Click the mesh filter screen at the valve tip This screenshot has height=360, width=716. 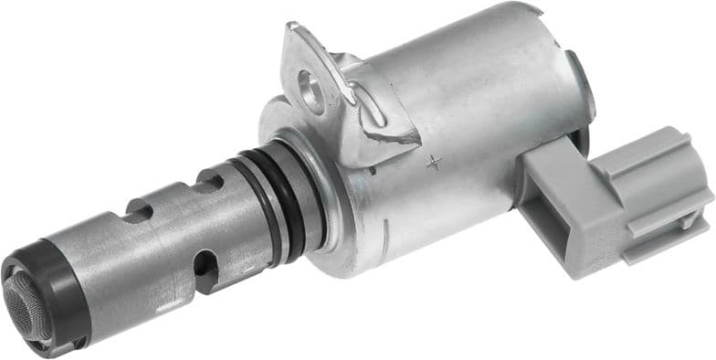(25, 306)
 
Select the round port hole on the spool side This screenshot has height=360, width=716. (206, 269)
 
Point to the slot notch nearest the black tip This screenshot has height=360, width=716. (137, 214)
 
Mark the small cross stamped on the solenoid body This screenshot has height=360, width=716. (434, 163)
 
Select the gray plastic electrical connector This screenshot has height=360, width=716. (621, 196)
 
